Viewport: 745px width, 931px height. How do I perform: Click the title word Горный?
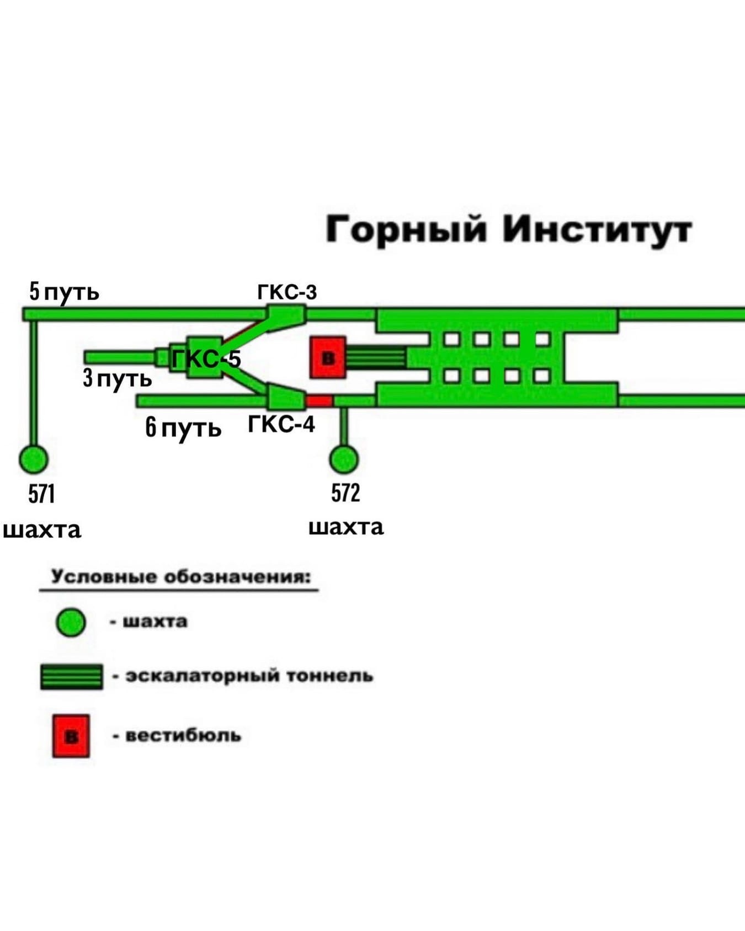(406, 229)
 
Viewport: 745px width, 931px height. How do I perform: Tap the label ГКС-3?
(287, 292)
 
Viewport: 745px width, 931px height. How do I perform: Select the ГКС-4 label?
(281, 424)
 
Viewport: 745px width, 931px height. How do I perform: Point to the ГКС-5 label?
(206, 360)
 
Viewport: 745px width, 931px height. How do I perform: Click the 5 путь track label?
(64, 292)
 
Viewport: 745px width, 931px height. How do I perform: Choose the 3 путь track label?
(117, 379)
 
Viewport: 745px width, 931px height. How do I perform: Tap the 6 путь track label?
(183, 428)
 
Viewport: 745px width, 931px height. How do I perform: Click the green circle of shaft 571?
(34, 459)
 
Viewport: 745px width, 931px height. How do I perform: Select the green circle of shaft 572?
(344, 459)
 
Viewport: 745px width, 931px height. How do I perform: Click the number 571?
(42, 493)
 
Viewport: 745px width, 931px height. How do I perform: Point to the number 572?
(345, 493)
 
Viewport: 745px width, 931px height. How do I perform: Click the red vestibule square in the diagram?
(328, 357)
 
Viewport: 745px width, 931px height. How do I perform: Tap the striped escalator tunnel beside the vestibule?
(376, 357)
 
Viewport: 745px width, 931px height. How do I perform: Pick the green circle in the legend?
(71, 622)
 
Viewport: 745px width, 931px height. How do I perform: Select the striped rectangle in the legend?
(71, 677)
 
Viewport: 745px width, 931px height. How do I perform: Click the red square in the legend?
(71, 736)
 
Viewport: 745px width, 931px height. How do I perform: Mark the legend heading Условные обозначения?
(181, 577)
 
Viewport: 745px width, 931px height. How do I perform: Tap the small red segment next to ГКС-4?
(320, 400)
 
